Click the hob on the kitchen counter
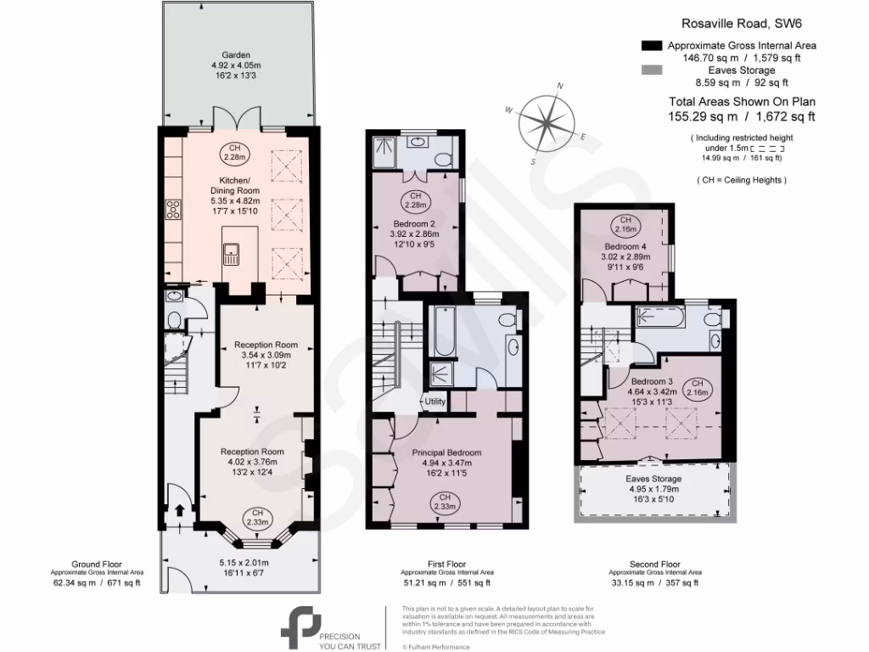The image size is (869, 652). [172, 208]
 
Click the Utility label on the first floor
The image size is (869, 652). [434, 401]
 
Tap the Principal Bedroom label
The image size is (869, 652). [446, 452]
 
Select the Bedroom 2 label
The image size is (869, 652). [414, 223]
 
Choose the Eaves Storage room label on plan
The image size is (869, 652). [654, 479]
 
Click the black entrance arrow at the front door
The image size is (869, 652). [180, 510]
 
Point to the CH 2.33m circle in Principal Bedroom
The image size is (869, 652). [444, 502]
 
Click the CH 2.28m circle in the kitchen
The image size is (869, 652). [235, 153]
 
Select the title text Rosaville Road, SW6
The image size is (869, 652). [737, 25]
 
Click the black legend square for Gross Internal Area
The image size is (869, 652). [652, 46]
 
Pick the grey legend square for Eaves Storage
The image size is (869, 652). [652, 70]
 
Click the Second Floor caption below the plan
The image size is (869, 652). [654, 563]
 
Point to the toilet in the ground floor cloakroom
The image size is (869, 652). [174, 320]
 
